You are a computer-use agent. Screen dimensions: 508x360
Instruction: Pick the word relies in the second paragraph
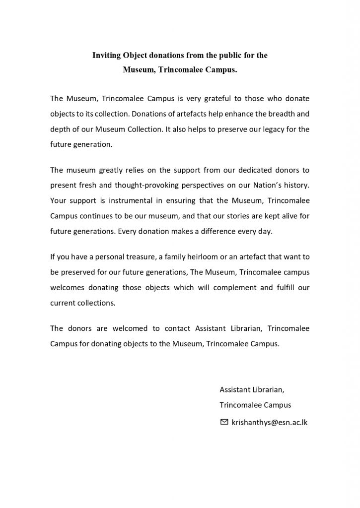[125, 170]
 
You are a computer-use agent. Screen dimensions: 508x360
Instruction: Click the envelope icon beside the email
[224, 422]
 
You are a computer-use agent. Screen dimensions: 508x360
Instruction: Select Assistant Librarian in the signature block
[252, 389]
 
